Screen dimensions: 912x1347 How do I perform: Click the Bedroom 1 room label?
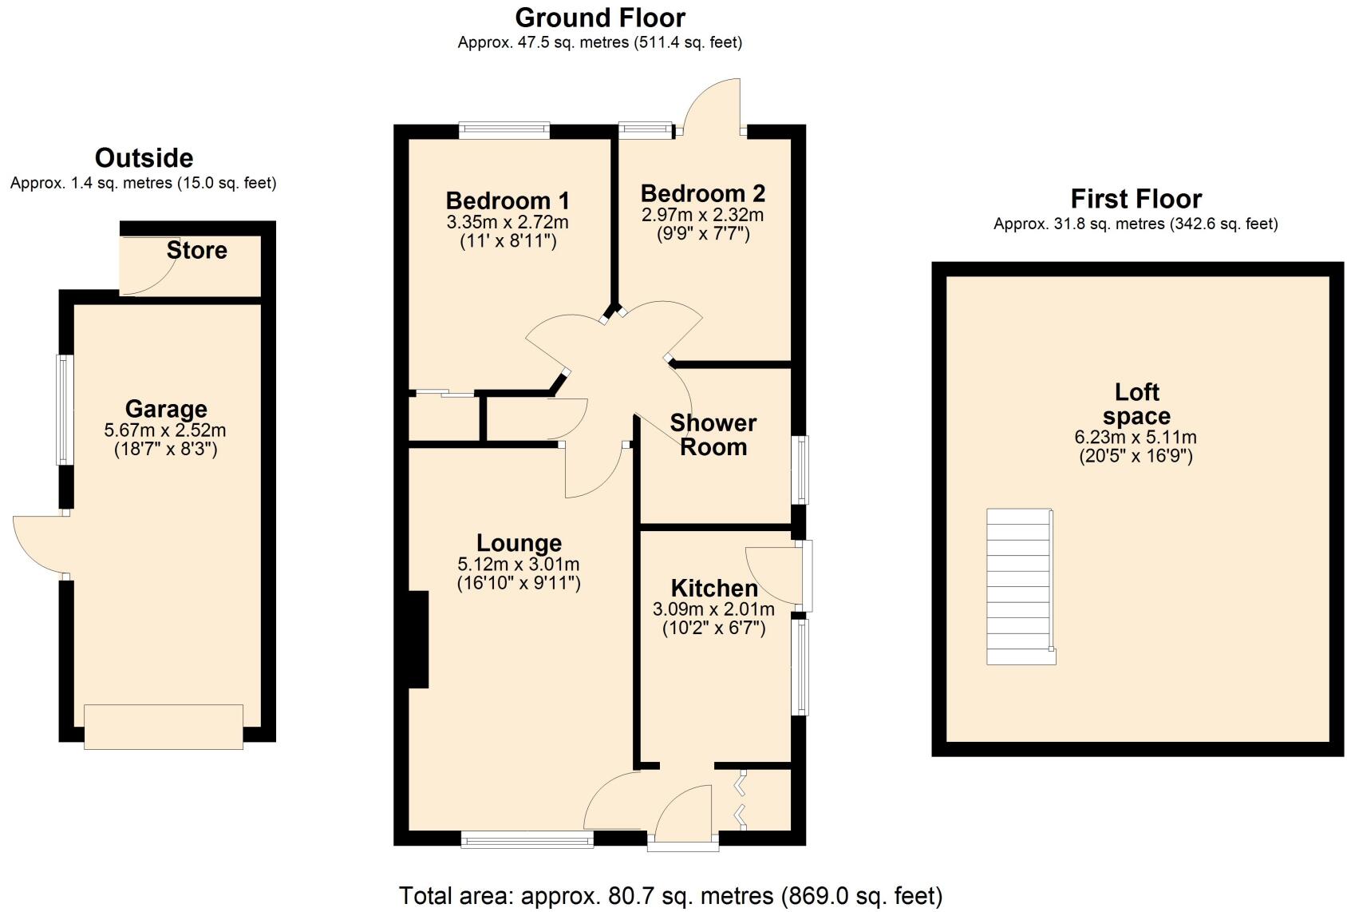point(508,200)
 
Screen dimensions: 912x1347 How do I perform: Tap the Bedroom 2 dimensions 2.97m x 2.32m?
point(702,215)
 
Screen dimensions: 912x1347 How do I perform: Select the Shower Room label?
point(713,434)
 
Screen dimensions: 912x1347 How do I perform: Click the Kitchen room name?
point(714,589)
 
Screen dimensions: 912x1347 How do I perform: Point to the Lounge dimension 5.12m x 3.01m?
point(519,564)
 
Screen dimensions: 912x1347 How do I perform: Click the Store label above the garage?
point(196,251)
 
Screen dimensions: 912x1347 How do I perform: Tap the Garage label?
point(166,409)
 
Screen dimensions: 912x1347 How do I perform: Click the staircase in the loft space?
point(1020,586)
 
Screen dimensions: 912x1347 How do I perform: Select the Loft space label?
point(1136,404)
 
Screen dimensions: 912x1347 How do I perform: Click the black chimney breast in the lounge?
point(418,639)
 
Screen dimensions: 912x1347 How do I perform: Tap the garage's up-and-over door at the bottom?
point(164,726)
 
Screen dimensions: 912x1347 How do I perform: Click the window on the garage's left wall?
point(64,410)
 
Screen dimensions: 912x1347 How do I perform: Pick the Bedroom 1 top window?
point(504,130)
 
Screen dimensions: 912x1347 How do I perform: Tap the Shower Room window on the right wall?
point(800,470)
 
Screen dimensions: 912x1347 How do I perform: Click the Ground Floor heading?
point(599,18)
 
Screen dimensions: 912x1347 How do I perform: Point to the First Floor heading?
point(1136,199)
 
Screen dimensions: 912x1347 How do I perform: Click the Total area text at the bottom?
point(670,895)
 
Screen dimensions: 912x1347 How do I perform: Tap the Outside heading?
point(144,157)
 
